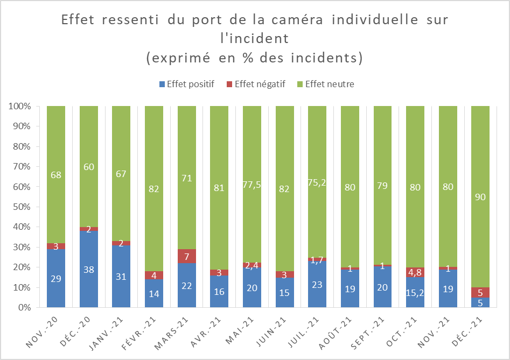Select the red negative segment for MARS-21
(187, 256)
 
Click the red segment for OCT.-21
(415, 272)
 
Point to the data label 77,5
(252, 185)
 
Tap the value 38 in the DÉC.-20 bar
(89, 270)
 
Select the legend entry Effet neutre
(329, 84)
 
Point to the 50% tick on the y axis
(20, 207)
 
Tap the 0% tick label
(22, 308)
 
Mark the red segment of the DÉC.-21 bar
(480, 293)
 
